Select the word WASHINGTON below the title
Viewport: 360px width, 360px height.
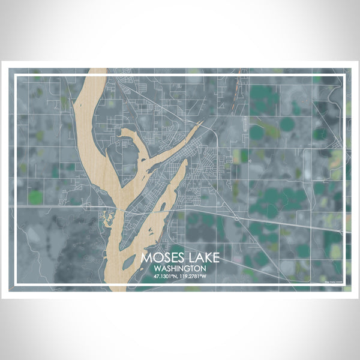pyautogui.click(x=180, y=268)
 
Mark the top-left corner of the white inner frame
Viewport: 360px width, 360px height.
pyautogui.click(x=14, y=74)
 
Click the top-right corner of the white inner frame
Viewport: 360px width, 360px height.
pyautogui.click(x=346, y=74)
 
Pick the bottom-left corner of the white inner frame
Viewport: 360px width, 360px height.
pyautogui.click(x=14, y=286)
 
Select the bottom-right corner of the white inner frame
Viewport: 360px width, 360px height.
pyautogui.click(x=346, y=286)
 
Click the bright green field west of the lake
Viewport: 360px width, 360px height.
pyautogui.click(x=36, y=196)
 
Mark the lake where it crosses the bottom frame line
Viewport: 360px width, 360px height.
pyautogui.click(x=118, y=286)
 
